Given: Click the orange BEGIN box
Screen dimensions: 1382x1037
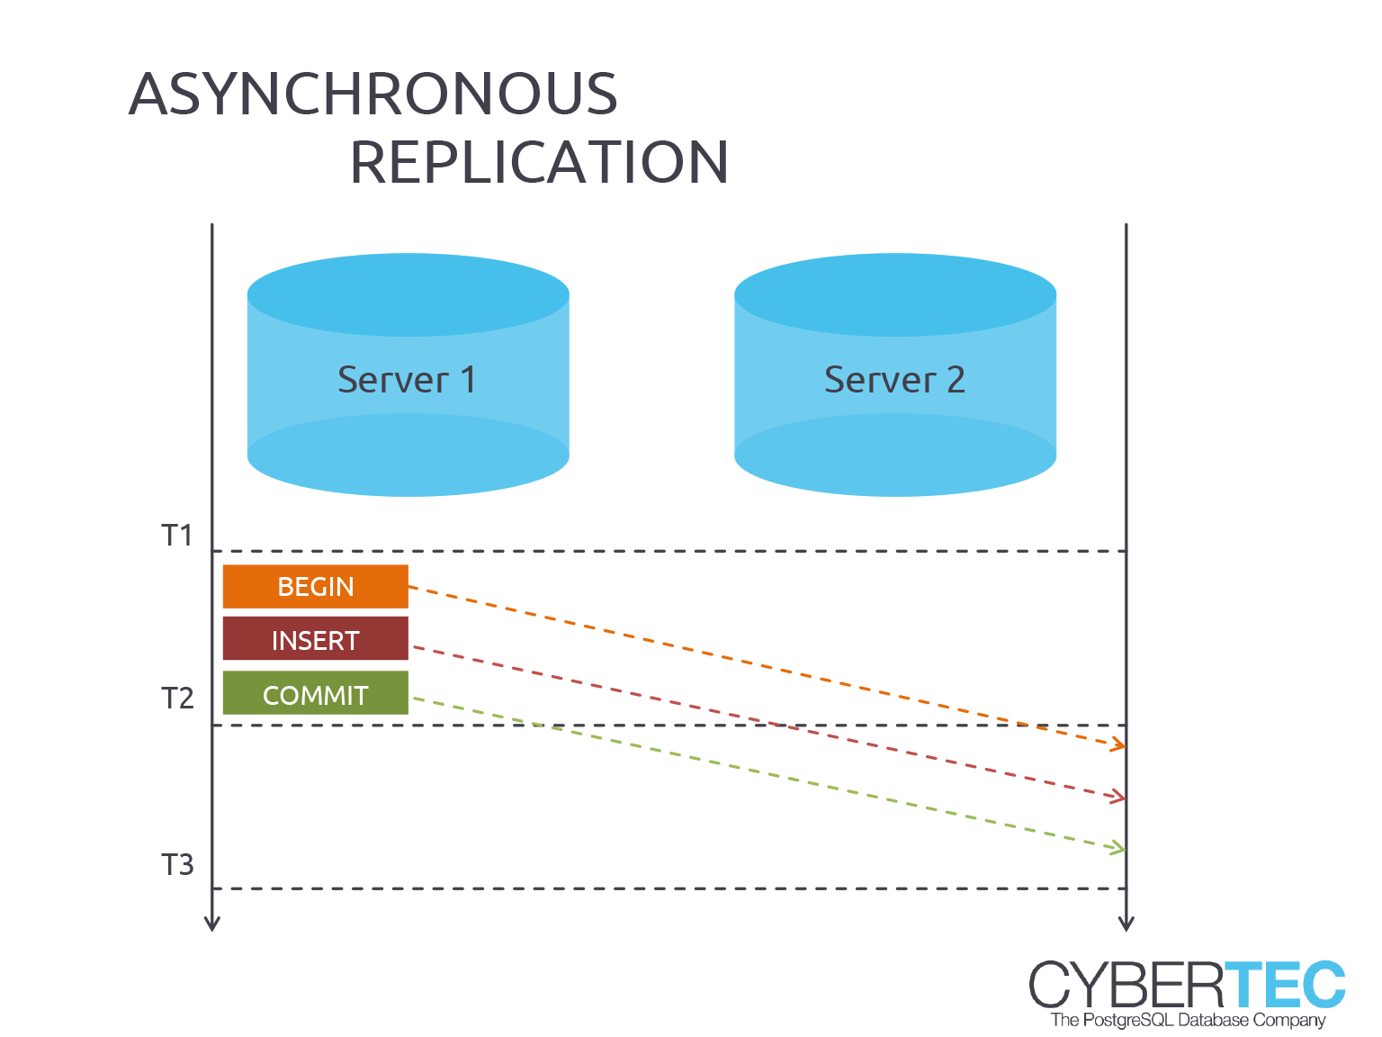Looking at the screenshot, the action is click(316, 586).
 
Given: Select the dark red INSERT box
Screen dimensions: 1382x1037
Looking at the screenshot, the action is click(316, 638).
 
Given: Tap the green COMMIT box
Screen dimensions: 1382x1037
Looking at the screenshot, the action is click(316, 693).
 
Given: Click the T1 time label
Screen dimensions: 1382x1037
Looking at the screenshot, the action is click(177, 536).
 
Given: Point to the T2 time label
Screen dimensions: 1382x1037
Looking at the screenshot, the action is click(177, 699).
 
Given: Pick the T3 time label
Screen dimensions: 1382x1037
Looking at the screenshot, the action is click(177, 865).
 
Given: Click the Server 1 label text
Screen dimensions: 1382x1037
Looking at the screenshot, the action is click(407, 380).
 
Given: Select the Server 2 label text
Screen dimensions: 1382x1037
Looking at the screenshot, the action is click(894, 380).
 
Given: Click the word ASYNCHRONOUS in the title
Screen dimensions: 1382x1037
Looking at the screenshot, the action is click(372, 94).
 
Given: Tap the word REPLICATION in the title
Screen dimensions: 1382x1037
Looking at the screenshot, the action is click(540, 162).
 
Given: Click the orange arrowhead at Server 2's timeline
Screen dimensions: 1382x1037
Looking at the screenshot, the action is click(1118, 744).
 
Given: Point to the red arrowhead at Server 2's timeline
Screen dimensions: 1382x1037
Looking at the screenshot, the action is click(1118, 797).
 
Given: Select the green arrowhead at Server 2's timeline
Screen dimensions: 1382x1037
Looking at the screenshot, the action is click(1118, 847).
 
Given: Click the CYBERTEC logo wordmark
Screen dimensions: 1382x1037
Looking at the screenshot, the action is click(1187, 984).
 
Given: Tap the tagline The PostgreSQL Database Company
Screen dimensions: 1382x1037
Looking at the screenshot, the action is click(1188, 1020).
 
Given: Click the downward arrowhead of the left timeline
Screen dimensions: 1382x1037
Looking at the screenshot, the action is click(212, 924).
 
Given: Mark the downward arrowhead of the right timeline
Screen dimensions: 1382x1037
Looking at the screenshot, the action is click(1126, 924).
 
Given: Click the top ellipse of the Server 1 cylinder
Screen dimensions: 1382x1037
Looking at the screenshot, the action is click(408, 294).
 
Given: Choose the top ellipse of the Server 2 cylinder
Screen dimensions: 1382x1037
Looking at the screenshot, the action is click(895, 294).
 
